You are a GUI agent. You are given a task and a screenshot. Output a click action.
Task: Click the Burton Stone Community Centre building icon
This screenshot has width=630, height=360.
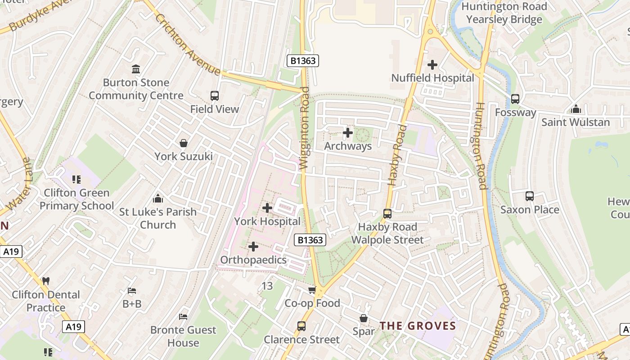pos(136,69)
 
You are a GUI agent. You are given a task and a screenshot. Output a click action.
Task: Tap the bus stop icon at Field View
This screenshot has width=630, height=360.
pos(215,95)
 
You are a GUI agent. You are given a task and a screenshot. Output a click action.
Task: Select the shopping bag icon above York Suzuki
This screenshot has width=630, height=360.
pos(184,143)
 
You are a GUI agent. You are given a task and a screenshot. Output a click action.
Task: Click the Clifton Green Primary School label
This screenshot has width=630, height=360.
pos(76,199)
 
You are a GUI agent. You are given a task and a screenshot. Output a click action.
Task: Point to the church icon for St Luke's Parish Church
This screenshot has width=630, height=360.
pos(158,198)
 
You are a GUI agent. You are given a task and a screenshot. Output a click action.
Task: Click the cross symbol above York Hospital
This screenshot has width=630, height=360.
pos(267,207)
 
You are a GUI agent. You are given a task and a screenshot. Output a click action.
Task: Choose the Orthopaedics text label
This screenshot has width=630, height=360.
pos(253,260)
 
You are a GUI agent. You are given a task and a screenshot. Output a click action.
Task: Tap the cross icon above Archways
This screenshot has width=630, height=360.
pos(348,133)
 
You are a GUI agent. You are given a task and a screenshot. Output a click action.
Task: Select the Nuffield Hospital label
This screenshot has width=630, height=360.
pos(432,78)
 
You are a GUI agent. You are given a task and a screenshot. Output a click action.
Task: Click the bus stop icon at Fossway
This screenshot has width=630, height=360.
pos(515,99)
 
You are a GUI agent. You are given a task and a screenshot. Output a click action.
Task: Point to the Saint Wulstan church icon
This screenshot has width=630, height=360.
pos(576,109)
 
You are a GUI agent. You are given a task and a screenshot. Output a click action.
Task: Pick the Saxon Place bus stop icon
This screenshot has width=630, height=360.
pos(530,196)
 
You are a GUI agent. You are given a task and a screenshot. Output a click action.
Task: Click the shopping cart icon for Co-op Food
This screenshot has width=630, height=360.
pos(312,290)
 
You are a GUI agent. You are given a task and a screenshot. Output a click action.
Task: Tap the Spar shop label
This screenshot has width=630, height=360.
pos(364,332)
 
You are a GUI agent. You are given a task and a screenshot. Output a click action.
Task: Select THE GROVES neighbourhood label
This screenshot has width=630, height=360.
pos(418,326)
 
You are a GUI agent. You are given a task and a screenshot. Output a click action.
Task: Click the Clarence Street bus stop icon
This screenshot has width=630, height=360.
pos(301,326)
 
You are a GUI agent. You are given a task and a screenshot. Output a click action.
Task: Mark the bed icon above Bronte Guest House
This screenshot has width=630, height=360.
pos(183,317)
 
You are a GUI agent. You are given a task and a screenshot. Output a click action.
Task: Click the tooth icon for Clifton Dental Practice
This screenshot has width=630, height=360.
pos(45,281)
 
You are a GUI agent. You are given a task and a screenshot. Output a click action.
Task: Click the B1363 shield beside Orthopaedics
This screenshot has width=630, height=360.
pos(310,240)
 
